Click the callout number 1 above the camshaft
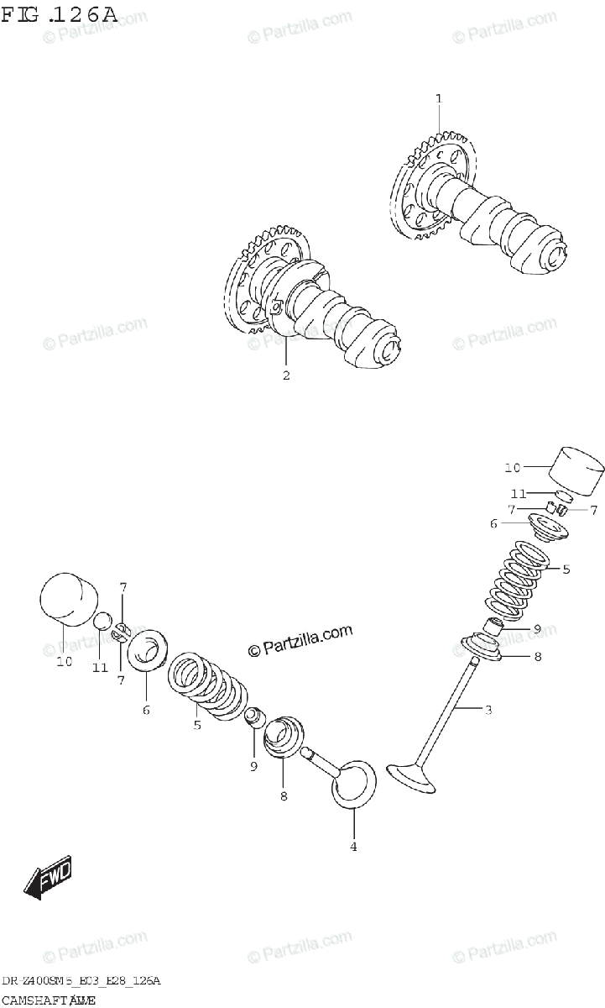(438, 99)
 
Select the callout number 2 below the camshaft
(286, 375)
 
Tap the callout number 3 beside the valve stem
(488, 710)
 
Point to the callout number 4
(353, 846)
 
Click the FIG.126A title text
(59, 14)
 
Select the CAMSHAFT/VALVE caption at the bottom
(48, 999)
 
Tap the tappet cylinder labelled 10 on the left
(66, 601)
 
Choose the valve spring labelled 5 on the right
(517, 581)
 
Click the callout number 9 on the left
(253, 765)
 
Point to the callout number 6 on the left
(146, 710)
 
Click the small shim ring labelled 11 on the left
(102, 622)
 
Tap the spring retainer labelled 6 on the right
(545, 528)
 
